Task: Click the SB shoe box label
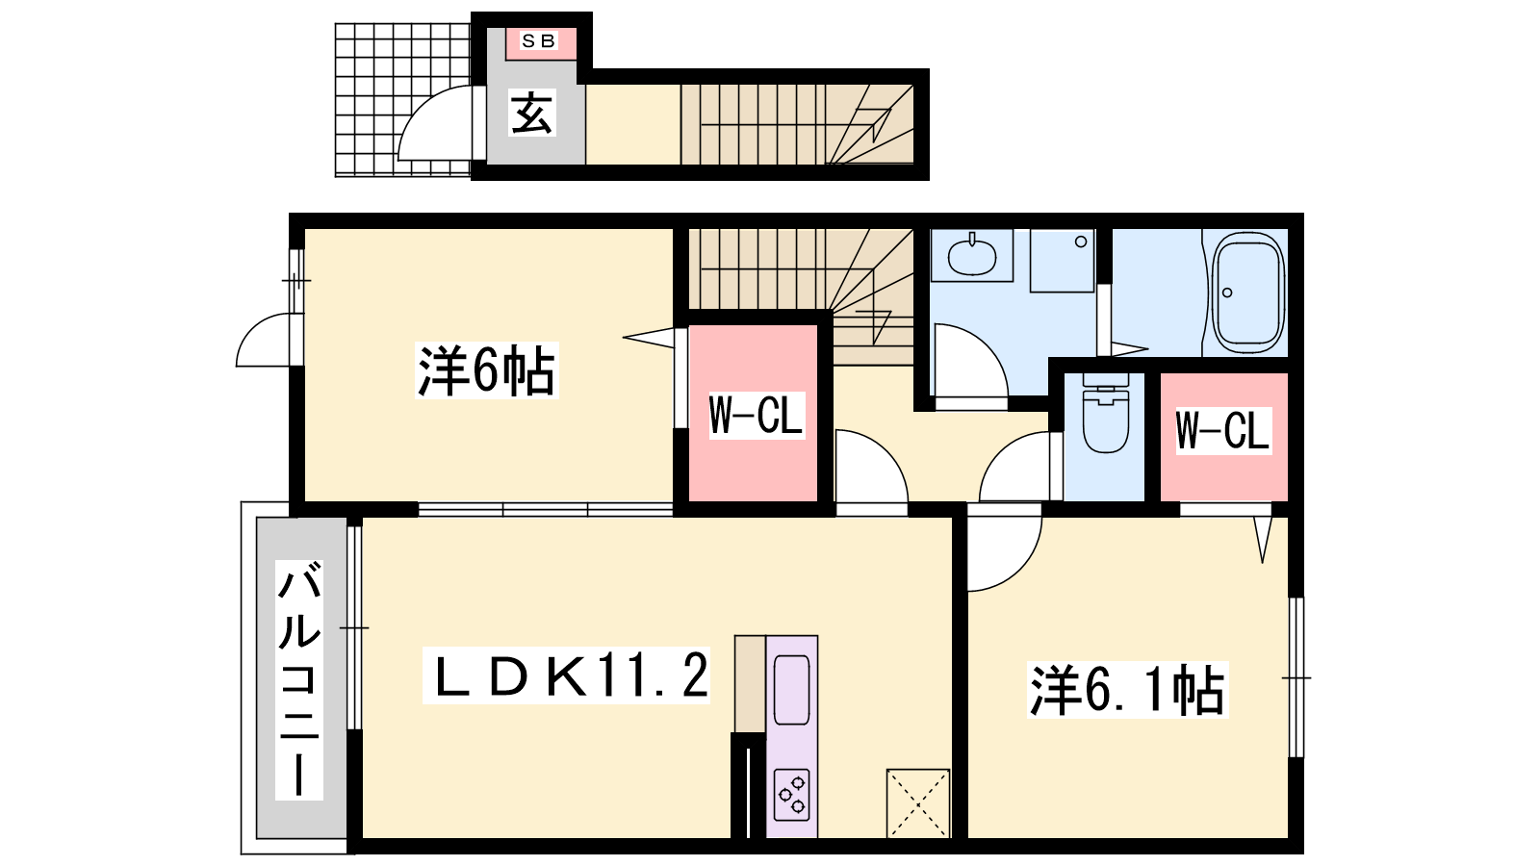click(538, 41)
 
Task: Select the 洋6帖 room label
click(487, 371)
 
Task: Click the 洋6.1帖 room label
click(1127, 690)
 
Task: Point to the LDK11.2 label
click(566, 675)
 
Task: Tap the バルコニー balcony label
click(299, 679)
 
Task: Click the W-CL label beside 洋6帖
click(757, 415)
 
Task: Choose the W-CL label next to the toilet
click(1222, 431)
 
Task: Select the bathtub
click(1248, 293)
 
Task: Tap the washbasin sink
click(972, 256)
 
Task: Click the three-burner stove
click(791, 795)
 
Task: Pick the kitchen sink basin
click(792, 690)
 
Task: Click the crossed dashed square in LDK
click(918, 803)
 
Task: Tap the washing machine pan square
click(1063, 261)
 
